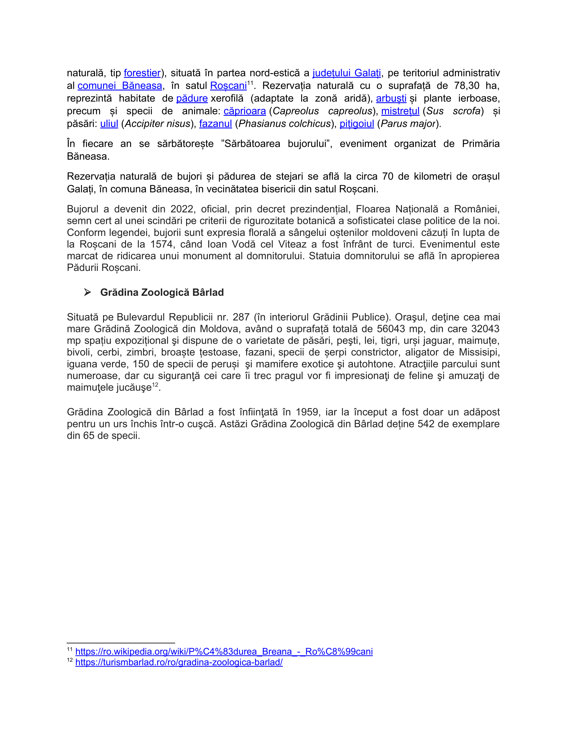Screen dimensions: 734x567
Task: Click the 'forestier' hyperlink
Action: coord(142,73)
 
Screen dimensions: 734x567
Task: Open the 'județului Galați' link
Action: coord(346,73)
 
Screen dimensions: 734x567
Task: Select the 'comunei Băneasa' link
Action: coord(120,86)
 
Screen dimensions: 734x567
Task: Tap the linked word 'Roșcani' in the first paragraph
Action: coord(228,86)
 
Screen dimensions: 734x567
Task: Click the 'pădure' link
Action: coord(192,98)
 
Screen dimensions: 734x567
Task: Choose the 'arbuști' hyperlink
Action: coord(391,98)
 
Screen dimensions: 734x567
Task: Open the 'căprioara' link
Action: coord(244,111)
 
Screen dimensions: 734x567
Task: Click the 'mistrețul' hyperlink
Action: coord(400,111)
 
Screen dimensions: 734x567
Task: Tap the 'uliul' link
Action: coord(109,124)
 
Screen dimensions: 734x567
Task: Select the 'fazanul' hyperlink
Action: coord(215,124)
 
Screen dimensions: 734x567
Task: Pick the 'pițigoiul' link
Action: coord(357,124)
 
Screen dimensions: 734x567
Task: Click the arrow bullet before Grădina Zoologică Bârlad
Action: coord(87,292)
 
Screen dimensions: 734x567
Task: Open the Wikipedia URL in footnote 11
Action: coord(224,652)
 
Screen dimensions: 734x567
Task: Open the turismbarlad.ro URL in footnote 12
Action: coord(179,662)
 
